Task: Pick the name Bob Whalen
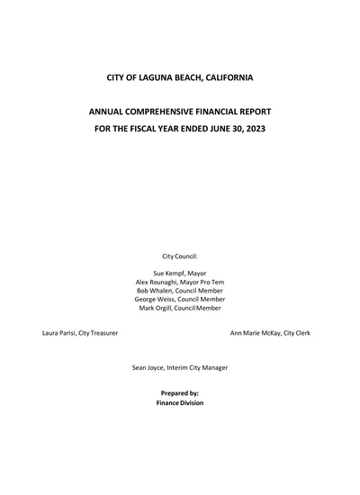click(155, 291)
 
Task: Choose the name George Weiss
click(156, 300)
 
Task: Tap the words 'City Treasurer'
click(100, 333)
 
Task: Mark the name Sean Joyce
click(150, 367)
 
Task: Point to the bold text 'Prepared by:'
click(180, 393)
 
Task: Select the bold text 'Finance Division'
click(180, 403)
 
